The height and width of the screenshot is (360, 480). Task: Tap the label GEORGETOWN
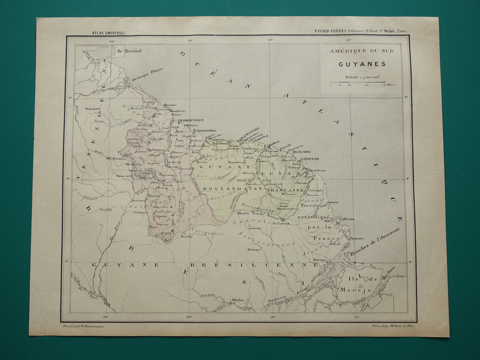click(191, 121)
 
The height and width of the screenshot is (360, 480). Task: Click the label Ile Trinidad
click(129, 51)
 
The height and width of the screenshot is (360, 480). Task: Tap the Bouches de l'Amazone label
click(375, 243)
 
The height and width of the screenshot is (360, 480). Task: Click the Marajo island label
click(354, 290)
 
